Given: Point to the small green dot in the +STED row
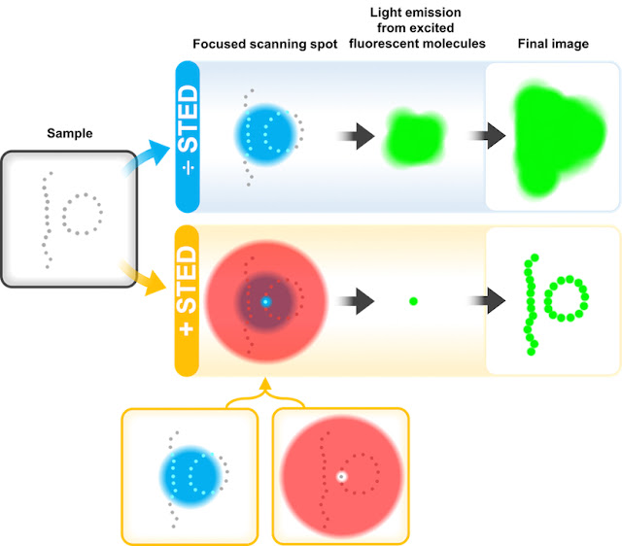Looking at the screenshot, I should click(414, 302).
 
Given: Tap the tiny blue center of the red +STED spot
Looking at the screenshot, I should click(264, 302).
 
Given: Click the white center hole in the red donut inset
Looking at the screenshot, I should click(340, 476).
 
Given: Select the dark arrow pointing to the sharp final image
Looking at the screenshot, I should click(468, 301).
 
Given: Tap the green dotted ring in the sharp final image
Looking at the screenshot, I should click(567, 301).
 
